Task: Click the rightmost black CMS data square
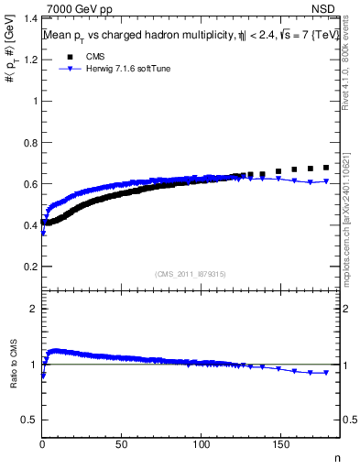click(326, 168)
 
